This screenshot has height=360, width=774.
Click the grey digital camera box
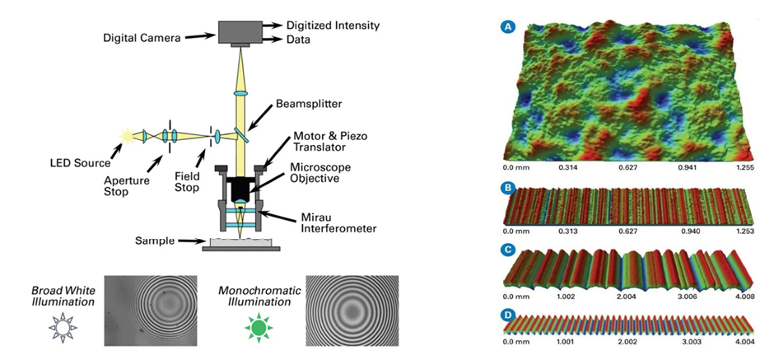pyautogui.click(x=240, y=30)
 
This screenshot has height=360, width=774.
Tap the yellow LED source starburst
pyautogui.click(x=127, y=134)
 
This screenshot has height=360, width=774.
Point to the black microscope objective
pyautogui.click(x=240, y=190)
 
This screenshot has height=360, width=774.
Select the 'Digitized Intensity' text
pyautogui.click(x=332, y=26)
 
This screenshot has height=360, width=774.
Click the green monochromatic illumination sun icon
pyautogui.click(x=257, y=328)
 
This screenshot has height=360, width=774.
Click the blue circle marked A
pyautogui.click(x=508, y=27)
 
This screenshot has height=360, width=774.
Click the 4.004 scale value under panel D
pyautogui.click(x=735, y=339)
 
